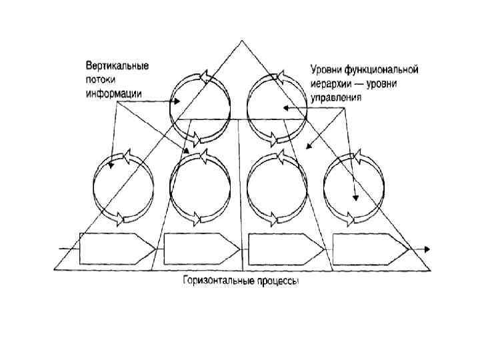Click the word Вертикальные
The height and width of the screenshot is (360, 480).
(117, 66)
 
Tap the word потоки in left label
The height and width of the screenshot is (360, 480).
(100, 79)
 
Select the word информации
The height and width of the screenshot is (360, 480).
(113, 93)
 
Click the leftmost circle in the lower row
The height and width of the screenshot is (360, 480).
(123, 186)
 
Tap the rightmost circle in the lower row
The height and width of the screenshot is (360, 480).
(353, 186)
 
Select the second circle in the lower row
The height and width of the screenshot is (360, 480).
(200, 186)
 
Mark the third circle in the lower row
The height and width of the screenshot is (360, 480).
(276, 186)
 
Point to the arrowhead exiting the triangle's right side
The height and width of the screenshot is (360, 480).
(427, 249)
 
